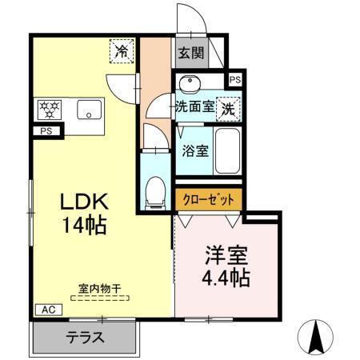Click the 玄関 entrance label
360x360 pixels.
click(190, 54)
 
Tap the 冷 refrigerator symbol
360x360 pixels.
click(122, 51)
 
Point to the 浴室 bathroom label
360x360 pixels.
click(194, 149)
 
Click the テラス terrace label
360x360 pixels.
click(84, 337)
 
